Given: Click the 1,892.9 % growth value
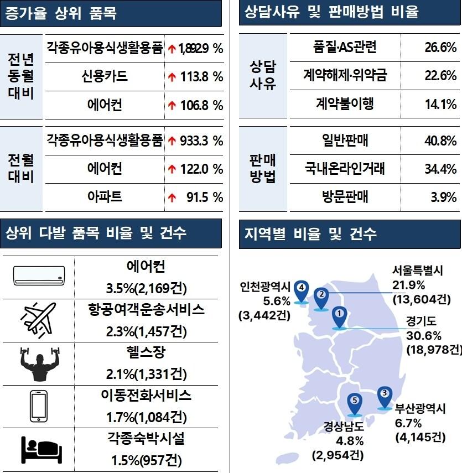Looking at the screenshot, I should (200, 49).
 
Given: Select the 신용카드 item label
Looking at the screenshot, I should (104, 76).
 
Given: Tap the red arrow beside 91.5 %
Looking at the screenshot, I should (172, 197).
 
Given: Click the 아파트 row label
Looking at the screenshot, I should (105, 197).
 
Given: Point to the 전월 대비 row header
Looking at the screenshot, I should (21, 168).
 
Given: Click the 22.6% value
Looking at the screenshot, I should (440, 76).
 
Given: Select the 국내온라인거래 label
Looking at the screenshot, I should (345, 168).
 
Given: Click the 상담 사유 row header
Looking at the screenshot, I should (263, 75).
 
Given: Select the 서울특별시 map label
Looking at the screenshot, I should (418, 271).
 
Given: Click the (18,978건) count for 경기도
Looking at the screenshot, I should (434, 350).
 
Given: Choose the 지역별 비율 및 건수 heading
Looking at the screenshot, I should (310, 233).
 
